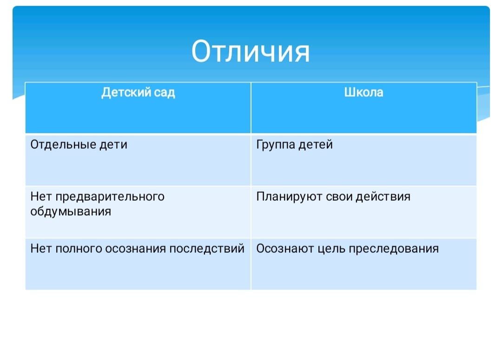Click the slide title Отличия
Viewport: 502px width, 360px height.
click(251, 51)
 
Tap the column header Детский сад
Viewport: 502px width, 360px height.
click(138, 92)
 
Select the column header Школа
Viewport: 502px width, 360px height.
click(363, 92)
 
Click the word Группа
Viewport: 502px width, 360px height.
click(276, 144)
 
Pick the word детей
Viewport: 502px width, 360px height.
click(316, 144)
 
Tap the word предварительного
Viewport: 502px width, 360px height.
click(110, 197)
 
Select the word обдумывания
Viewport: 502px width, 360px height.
click(71, 211)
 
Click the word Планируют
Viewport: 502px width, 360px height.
click(289, 197)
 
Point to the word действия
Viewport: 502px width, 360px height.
click(383, 197)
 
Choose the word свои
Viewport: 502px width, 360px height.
click(339, 197)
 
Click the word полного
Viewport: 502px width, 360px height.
click(79, 249)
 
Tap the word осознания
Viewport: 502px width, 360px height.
click(135, 249)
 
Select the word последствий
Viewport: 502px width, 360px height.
click(207, 249)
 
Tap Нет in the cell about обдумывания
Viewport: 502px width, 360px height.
click(41, 197)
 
